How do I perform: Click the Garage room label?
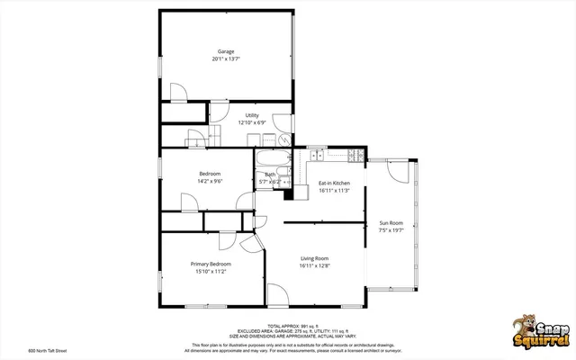click(226, 51)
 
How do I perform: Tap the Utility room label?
click(252, 115)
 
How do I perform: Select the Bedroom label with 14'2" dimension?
click(210, 174)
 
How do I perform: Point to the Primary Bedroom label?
click(211, 264)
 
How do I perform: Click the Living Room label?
click(314, 258)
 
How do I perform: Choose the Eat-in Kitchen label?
click(334, 184)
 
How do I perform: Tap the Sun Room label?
click(391, 222)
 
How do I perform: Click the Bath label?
click(270, 175)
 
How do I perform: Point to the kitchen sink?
click(316, 156)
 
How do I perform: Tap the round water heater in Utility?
click(284, 140)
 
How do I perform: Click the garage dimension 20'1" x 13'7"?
click(226, 59)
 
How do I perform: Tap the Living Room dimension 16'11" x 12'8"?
click(314, 266)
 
